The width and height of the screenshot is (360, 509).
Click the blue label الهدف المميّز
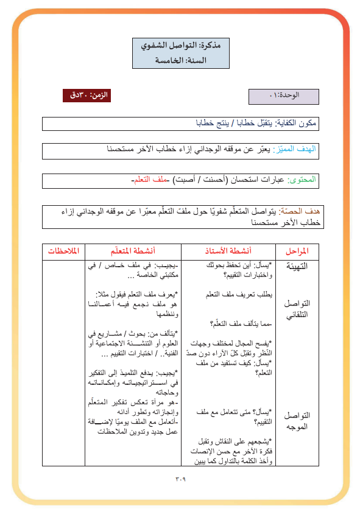(x=297, y=150)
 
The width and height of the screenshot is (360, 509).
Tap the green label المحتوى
(x=303, y=181)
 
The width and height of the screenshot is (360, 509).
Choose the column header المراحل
(x=297, y=251)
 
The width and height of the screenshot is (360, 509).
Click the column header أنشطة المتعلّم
(x=132, y=251)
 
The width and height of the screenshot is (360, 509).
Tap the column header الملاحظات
(x=65, y=251)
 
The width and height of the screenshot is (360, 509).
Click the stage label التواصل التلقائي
(x=297, y=309)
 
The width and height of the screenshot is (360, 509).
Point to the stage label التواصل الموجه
(x=297, y=420)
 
